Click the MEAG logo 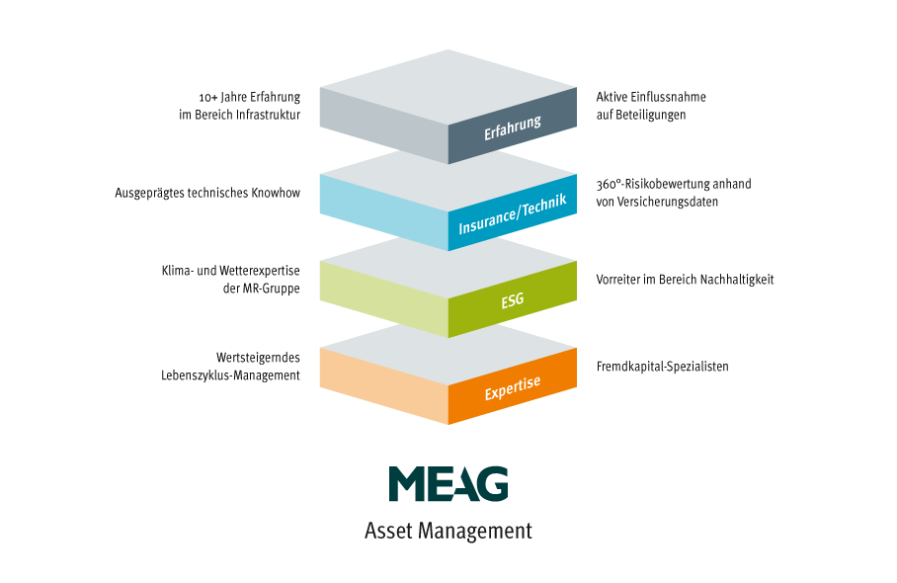[x=448, y=483]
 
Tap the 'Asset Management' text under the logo [x=448, y=531]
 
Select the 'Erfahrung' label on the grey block [x=513, y=127]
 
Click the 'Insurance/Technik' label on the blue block [x=513, y=213]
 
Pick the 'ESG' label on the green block [x=513, y=299]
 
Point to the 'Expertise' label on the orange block [x=513, y=387]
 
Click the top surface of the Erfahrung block [x=448, y=87]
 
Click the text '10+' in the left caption [x=207, y=97]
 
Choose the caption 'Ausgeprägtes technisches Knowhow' [x=207, y=193]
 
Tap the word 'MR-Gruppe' [x=271, y=289]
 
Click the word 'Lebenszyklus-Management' [x=230, y=375]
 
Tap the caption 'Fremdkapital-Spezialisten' [x=663, y=367]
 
